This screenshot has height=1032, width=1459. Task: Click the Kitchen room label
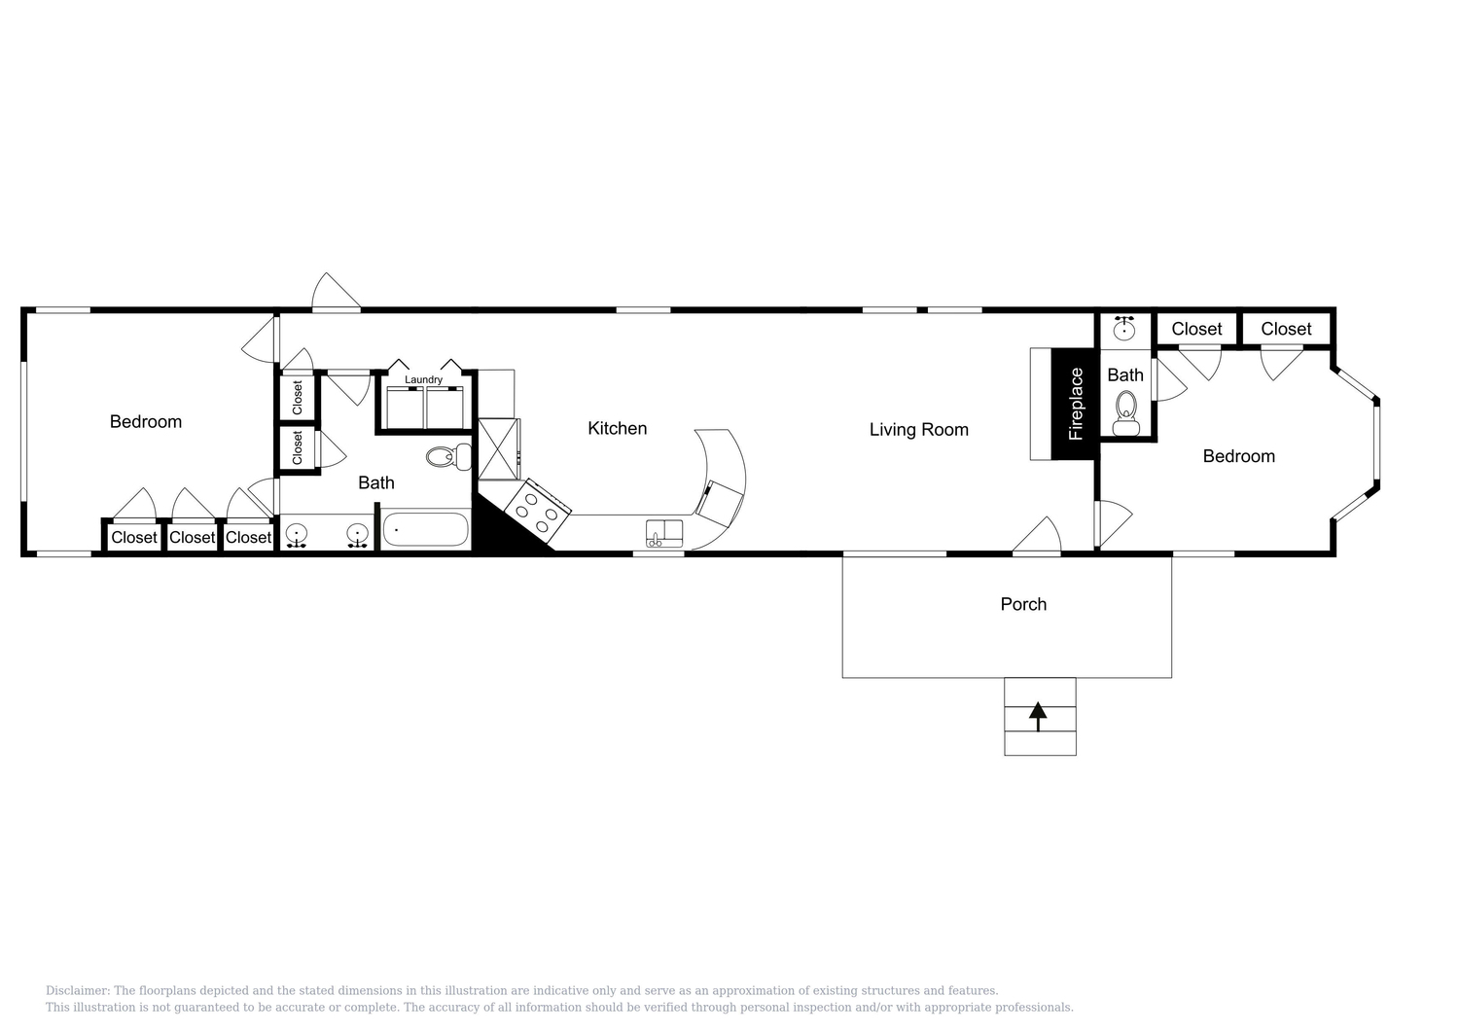point(617,428)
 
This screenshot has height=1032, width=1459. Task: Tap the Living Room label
point(918,429)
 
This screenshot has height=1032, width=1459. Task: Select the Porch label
point(1023,604)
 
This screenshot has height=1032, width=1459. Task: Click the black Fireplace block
point(1073,404)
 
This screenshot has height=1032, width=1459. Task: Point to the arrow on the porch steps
point(1038,717)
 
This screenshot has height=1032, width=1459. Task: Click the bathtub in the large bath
point(425,530)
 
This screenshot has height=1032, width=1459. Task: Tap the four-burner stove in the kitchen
point(537,511)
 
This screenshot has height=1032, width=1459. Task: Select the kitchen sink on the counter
point(663,533)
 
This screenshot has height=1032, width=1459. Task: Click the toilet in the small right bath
point(1125,413)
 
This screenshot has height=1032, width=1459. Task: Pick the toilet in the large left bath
point(448,456)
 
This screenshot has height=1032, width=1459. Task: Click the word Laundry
point(423,379)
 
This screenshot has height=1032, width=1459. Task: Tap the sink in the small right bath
point(1123,329)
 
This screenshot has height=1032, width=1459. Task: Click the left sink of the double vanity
point(297,535)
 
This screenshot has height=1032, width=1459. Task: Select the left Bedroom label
point(145,421)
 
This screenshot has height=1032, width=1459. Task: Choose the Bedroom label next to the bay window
point(1238,456)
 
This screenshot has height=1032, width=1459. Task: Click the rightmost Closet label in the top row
point(1286,329)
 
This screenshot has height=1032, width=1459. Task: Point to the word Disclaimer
point(77,990)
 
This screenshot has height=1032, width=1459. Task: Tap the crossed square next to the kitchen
point(498,449)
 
